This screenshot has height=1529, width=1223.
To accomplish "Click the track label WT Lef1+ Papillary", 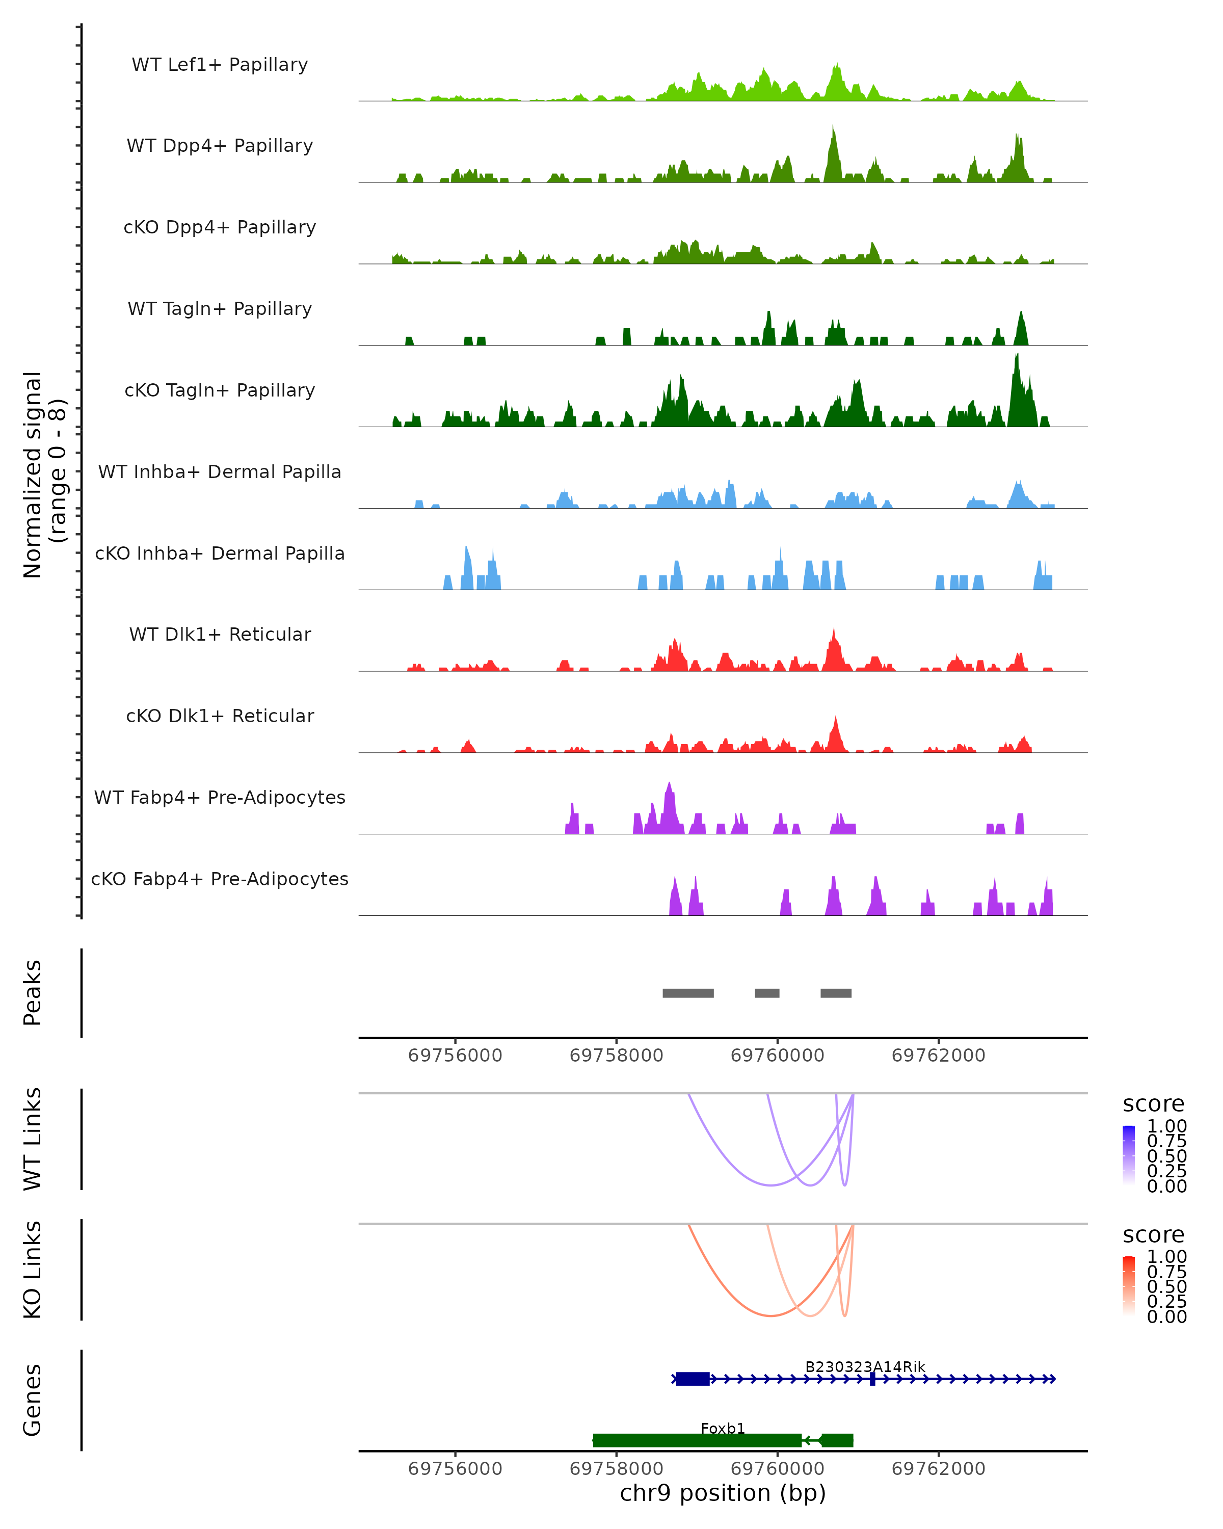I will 220,65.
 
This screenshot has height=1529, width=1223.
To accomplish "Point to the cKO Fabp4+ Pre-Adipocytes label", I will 220,879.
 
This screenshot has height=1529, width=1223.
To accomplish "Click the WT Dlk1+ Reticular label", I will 220,634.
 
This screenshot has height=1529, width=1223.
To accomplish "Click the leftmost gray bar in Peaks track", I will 688,993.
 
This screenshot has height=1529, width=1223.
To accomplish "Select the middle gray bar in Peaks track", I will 767,993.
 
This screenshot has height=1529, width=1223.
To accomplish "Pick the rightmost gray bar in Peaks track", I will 836,993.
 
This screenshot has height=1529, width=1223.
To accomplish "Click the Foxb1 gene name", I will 723,1428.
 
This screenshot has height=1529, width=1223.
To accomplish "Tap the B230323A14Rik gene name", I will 865,1366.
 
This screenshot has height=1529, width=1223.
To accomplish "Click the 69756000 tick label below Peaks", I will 455,1056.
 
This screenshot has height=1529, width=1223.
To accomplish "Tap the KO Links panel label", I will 33,1270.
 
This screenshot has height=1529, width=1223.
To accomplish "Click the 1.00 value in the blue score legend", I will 1167,1126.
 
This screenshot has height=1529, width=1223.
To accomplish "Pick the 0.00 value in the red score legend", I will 1167,1316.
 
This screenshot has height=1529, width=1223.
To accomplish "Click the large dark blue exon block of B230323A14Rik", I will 693,1379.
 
